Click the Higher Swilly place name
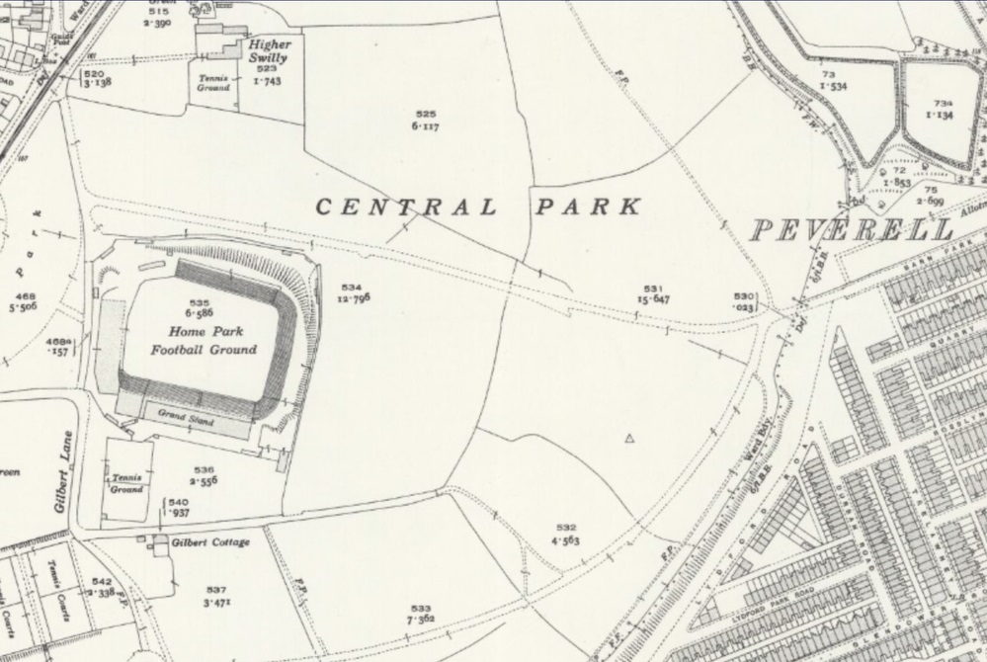tap(268, 51)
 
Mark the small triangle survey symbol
tap(629, 437)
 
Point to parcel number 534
tap(352, 287)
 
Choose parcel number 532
tap(565, 528)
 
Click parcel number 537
tap(216, 590)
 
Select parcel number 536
tap(205, 469)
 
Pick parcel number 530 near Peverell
tap(743, 295)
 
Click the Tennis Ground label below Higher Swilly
tap(213, 83)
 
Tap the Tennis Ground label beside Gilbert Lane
tap(126, 483)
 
